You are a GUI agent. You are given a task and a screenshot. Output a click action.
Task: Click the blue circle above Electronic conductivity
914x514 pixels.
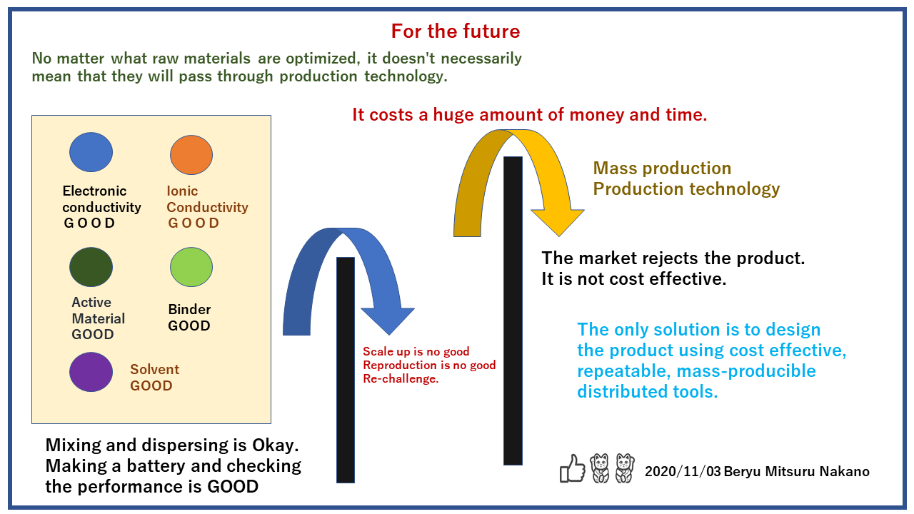pyautogui.click(x=91, y=152)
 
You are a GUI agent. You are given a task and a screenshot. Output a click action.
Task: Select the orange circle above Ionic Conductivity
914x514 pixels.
pyautogui.click(x=191, y=155)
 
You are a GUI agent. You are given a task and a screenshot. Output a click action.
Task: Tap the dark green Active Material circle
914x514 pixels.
pyautogui.click(x=91, y=267)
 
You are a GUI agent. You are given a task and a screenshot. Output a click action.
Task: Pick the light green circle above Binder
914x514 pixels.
pyautogui.click(x=191, y=267)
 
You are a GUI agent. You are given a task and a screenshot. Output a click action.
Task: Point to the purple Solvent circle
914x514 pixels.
pyautogui.click(x=91, y=373)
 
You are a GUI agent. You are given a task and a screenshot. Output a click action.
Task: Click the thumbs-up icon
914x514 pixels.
pyautogui.click(x=573, y=468)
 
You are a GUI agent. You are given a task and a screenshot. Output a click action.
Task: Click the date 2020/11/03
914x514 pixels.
pyautogui.click(x=683, y=472)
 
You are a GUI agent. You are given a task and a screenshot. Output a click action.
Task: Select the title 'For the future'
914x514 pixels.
pyautogui.click(x=456, y=31)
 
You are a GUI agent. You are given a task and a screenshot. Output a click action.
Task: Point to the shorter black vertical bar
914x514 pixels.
pyautogui.click(x=346, y=370)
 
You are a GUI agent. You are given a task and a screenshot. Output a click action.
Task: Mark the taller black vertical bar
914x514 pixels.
pyautogui.click(x=513, y=311)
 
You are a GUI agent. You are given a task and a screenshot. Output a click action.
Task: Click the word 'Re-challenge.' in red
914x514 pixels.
pyautogui.click(x=401, y=379)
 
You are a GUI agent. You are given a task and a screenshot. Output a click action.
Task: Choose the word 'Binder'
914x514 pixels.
pyautogui.click(x=189, y=309)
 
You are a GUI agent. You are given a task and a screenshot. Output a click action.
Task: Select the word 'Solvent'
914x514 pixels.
pyautogui.click(x=154, y=369)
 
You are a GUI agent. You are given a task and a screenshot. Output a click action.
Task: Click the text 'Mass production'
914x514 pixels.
pyautogui.click(x=662, y=168)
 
